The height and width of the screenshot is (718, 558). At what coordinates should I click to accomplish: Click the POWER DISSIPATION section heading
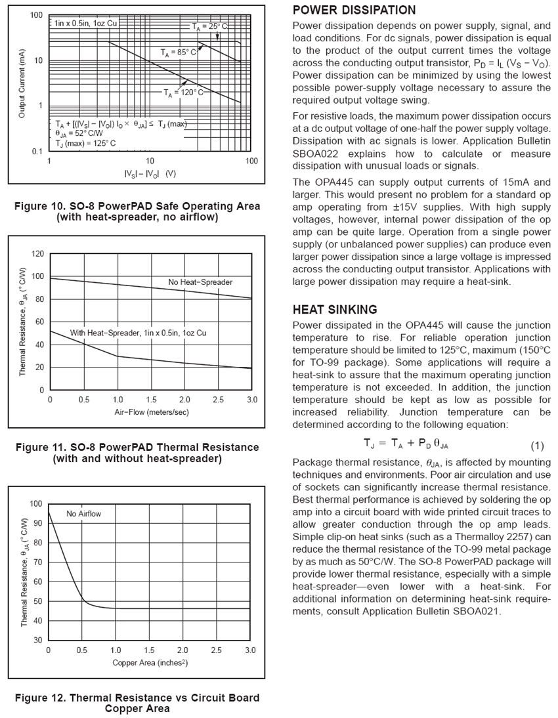354,11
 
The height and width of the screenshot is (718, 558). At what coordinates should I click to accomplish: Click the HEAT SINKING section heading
335,310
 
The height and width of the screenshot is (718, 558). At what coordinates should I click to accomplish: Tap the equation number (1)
537,446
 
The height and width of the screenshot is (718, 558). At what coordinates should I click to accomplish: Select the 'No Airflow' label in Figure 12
84,514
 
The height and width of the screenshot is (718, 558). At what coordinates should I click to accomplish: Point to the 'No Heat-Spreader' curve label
200,282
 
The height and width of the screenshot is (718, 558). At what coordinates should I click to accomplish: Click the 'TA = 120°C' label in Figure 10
184,93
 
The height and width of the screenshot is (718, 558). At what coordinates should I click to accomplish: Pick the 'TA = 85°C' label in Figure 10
179,51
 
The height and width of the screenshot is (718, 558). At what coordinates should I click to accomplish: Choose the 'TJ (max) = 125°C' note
85,143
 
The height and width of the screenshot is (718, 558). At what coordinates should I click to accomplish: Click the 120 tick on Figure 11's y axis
38,253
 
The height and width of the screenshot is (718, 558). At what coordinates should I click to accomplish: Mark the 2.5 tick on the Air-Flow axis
217,400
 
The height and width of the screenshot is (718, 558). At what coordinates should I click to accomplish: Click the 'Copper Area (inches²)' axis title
150,663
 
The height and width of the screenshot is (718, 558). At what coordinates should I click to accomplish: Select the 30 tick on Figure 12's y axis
37,640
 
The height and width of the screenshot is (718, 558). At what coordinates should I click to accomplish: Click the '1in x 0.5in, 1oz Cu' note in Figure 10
86,23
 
